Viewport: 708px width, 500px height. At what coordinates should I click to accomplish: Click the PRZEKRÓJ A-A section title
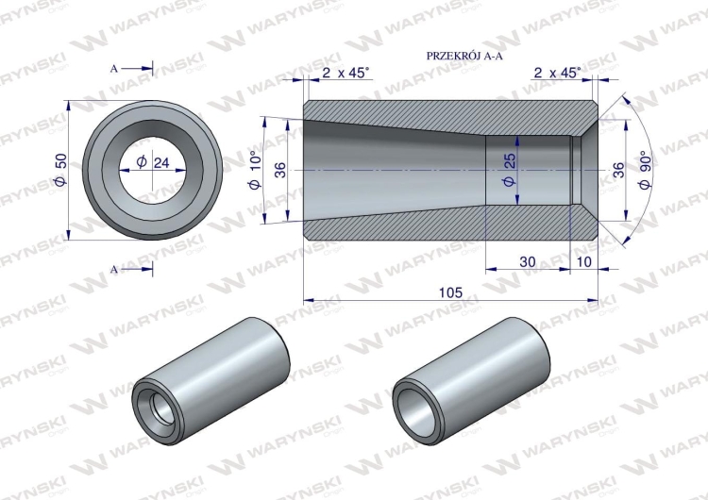(x=464, y=56)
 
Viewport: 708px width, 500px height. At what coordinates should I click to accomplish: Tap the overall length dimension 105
(x=450, y=292)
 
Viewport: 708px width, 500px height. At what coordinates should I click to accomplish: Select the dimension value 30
(x=528, y=261)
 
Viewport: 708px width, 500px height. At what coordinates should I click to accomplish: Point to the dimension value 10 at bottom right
(x=584, y=261)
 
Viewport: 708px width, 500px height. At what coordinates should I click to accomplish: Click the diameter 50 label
(x=61, y=170)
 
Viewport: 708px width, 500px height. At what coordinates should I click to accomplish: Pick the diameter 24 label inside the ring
(x=153, y=162)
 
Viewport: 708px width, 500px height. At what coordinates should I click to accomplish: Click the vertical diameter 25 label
(x=510, y=170)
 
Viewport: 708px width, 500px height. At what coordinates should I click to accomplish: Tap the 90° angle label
(x=645, y=170)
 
